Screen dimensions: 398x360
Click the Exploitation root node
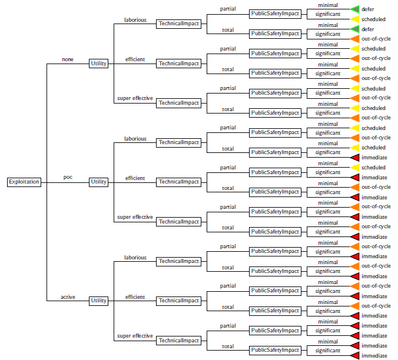pos(24,182)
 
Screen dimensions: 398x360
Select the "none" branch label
pos(68,59)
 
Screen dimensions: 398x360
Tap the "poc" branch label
pos(68,177)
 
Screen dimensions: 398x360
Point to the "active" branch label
pos(68,297)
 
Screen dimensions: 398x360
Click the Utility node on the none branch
pos(98,64)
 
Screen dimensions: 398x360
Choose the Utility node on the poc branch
pos(98,182)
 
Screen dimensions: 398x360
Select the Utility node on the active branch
pos(98,301)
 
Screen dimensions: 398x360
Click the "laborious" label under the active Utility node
pos(135,258)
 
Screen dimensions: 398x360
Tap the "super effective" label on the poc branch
pos(135,217)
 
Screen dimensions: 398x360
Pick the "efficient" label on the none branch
pos(135,59)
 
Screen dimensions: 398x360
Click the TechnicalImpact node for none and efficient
pos(179,64)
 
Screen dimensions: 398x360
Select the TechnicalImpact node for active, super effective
pos(179,341)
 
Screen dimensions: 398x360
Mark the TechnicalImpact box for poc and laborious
pos(179,142)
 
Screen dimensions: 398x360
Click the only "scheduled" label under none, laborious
pos(373,19)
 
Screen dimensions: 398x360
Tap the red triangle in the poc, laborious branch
pos(355,158)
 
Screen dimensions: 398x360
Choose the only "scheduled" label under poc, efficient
pos(373,168)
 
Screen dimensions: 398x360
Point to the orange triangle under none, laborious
pos(355,39)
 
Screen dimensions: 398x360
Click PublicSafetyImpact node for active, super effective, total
pos(275,351)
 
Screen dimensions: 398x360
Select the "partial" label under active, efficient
pos(228,286)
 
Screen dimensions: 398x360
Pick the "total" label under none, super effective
pos(228,109)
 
